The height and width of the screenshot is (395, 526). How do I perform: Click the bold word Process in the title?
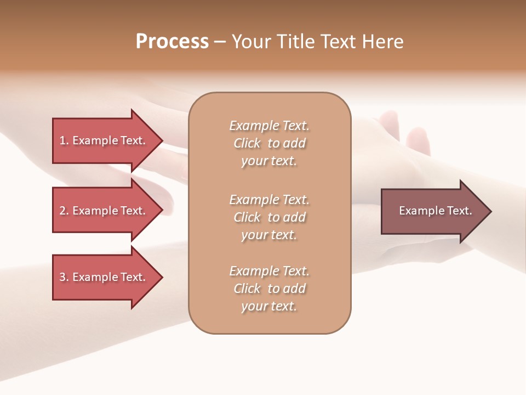coord(172,42)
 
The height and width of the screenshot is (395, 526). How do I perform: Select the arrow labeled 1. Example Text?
coord(102,140)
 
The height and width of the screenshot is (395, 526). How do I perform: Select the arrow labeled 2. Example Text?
coord(102,211)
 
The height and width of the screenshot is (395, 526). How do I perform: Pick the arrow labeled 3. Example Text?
coord(102,277)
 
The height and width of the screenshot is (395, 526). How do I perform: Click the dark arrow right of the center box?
coord(433,211)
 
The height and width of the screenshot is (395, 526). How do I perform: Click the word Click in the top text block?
coord(247,143)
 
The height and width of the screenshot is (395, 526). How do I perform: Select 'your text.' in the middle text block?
coord(269,235)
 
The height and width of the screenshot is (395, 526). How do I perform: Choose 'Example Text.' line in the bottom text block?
coord(269,271)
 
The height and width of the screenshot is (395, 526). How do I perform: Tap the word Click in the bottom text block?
coord(247,289)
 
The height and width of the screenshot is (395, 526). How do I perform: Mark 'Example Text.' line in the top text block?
coord(269,126)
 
